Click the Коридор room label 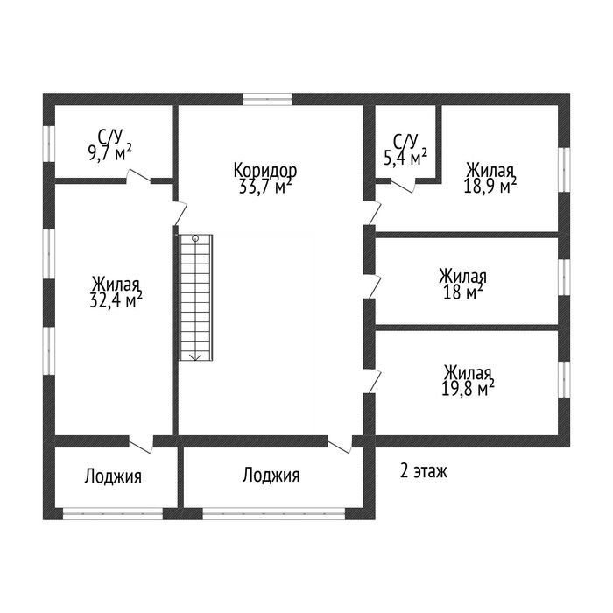(x=265, y=171)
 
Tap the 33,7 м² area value (x=265, y=187)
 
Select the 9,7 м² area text (x=109, y=152)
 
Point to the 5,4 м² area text (x=405, y=157)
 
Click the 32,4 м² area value (x=116, y=300)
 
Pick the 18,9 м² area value (x=490, y=186)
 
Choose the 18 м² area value (x=463, y=292)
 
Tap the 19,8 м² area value (x=468, y=389)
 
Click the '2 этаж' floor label (x=423, y=471)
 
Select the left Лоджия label (x=113, y=476)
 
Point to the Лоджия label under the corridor (x=271, y=476)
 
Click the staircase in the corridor (x=195, y=297)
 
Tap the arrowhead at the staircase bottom (x=195, y=357)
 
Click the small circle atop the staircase (x=195, y=237)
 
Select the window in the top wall (x=267, y=99)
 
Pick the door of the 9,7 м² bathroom (x=138, y=176)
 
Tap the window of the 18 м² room (x=564, y=277)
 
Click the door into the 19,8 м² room (x=373, y=381)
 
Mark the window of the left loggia (x=113, y=513)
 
